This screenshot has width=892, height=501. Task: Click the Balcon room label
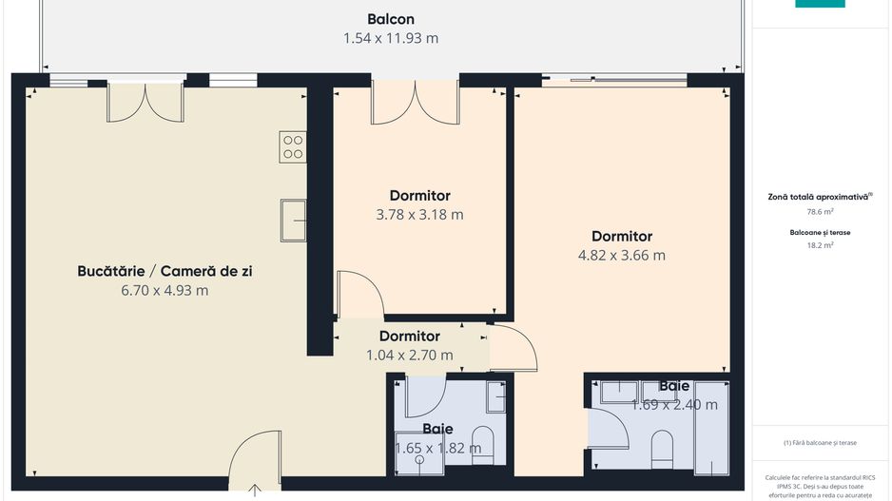[x=391, y=19]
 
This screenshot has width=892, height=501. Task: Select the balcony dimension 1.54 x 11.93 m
[x=391, y=39]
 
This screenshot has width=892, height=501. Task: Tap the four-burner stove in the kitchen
[x=293, y=145]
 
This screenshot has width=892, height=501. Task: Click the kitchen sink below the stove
[x=293, y=222]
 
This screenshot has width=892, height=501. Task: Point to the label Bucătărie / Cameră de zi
[x=165, y=271]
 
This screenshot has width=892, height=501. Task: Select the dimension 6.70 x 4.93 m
[x=165, y=291]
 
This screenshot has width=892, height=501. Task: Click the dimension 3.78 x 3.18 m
[x=419, y=215]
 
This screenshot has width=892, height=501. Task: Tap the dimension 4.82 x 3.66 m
[x=621, y=256]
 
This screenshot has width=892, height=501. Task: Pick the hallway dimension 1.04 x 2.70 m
[x=409, y=356]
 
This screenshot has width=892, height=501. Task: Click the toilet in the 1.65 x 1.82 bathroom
[x=483, y=445]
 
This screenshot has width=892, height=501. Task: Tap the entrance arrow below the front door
[x=256, y=491]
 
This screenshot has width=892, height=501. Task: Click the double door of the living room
[x=145, y=103]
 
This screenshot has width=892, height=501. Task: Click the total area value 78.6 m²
[x=820, y=213]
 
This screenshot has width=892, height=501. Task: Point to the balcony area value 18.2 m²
[x=819, y=245]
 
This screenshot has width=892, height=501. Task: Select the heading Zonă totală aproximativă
[x=819, y=197]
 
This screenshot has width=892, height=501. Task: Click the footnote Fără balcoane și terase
[x=820, y=443]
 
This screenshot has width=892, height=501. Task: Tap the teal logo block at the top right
[x=820, y=4]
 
